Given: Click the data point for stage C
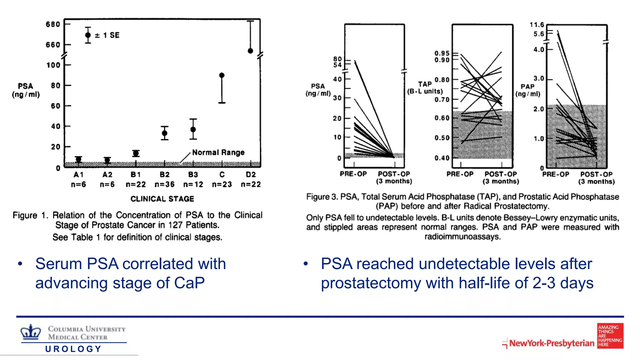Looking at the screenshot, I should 222,75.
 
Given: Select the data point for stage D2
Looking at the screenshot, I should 250,51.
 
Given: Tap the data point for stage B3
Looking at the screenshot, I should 193,129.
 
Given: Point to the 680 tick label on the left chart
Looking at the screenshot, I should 53,24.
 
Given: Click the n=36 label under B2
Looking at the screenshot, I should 165,184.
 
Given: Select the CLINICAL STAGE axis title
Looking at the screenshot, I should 162,199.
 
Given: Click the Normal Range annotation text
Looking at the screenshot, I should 218,152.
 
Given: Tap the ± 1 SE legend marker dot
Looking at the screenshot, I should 88,35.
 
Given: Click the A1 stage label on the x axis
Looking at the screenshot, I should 78,174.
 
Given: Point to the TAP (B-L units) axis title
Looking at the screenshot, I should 425,88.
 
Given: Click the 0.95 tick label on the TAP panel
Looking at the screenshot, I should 442,53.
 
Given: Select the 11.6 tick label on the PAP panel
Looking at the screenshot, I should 537,25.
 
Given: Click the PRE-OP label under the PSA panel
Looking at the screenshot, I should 353,174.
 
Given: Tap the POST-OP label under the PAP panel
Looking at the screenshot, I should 596,174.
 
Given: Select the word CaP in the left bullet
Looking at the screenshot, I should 189,283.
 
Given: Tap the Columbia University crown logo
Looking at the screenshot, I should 31,332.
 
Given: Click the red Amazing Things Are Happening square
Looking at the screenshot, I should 610,336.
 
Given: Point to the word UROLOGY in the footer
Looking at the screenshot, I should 73,349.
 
